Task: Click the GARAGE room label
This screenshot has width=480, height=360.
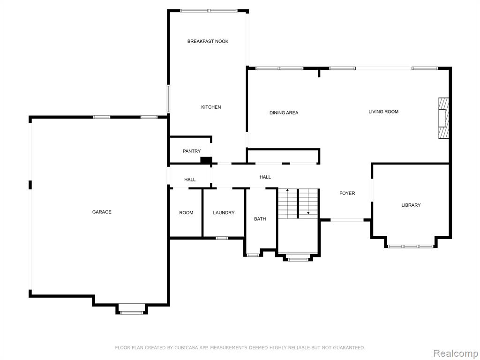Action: point(102,212)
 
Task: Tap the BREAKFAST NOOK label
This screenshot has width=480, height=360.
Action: point(208,41)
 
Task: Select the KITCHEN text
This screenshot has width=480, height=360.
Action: point(211,107)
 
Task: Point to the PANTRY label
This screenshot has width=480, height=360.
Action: point(192,151)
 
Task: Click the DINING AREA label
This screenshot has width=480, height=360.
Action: point(284,112)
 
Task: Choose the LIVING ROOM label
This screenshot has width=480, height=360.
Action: point(383,112)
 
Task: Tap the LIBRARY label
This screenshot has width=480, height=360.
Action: point(411,205)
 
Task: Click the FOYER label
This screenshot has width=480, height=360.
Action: point(347,193)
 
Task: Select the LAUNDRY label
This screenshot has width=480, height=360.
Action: point(224,213)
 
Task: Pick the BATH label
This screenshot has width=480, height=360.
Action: point(260,219)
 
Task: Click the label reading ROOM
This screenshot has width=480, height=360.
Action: point(186,213)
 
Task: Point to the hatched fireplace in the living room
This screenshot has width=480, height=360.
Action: point(443,118)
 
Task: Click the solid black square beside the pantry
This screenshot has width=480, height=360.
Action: point(206,160)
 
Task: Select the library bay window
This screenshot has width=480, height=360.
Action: point(411,246)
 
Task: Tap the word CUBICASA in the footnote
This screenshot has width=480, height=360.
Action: point(186,348)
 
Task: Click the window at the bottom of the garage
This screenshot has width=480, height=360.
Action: point(132,313)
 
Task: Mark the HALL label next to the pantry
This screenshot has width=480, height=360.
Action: point(190,180)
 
